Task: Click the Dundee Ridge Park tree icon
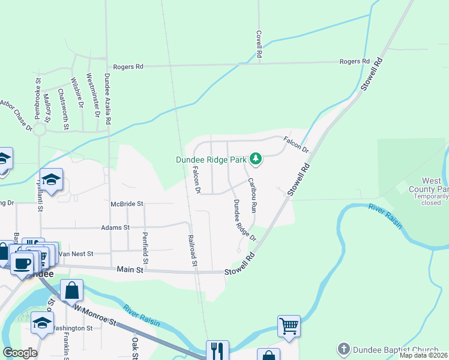pos(256,159)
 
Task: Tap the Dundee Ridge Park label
pos(211,160)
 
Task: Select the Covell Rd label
pos(259,44)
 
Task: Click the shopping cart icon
pos(289,327)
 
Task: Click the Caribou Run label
pos(253,196)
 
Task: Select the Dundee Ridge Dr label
pos(245,220)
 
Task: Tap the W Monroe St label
pos(95,314)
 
